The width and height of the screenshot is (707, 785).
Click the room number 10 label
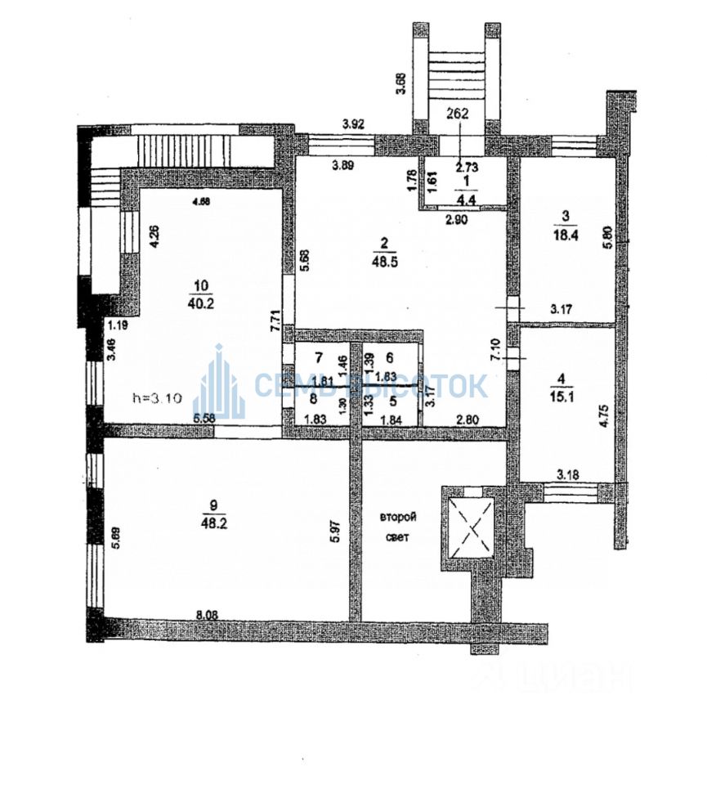201,285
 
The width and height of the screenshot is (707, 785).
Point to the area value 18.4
565,234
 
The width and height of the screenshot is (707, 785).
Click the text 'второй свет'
400,527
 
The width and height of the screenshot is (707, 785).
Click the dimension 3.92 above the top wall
353,124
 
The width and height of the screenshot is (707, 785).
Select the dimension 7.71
275,316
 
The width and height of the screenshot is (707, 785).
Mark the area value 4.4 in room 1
467,197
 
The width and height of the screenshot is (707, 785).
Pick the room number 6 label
390,357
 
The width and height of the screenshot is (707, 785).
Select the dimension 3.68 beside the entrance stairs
400,84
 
